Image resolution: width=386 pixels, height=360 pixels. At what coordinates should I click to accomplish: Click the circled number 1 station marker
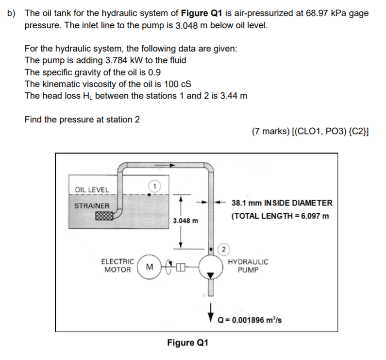[154, 186]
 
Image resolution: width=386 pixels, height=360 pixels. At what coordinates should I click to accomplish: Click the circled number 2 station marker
[223, 250]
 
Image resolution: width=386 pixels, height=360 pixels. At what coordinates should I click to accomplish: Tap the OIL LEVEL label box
[92, 189]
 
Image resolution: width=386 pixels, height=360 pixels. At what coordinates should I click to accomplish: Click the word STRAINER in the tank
[92, 206]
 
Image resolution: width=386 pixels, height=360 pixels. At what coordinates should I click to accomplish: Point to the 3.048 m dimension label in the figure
[185, 221]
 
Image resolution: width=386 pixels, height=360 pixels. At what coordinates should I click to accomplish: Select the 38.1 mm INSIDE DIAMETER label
[282, 203]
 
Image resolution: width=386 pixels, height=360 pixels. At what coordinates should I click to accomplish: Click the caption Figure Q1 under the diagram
[188, 343]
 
